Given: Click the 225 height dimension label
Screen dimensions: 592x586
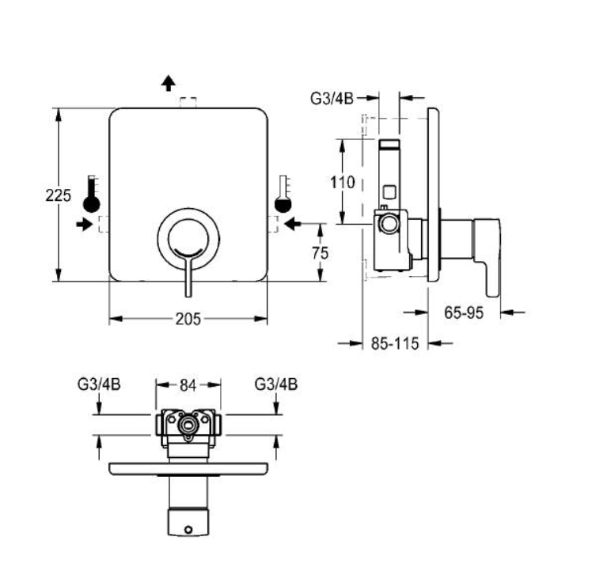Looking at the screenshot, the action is coord(58,195).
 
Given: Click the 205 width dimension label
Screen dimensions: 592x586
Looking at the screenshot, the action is coord(188,319).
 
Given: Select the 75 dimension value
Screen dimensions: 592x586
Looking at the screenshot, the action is coord(321,253).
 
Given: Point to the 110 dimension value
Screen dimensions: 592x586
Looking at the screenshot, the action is coord(343,183).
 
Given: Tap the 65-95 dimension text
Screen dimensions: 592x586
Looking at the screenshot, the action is coord(464,313).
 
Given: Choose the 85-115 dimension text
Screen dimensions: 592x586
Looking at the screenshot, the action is coord(395,343).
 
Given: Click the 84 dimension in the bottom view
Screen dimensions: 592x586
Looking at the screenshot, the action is coord(188,385).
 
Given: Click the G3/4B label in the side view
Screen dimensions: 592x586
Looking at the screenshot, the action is coord(332,99).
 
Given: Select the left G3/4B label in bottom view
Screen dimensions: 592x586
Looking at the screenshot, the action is coord(99,384).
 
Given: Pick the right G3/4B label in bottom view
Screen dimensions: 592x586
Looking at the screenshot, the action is coord(276,384).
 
